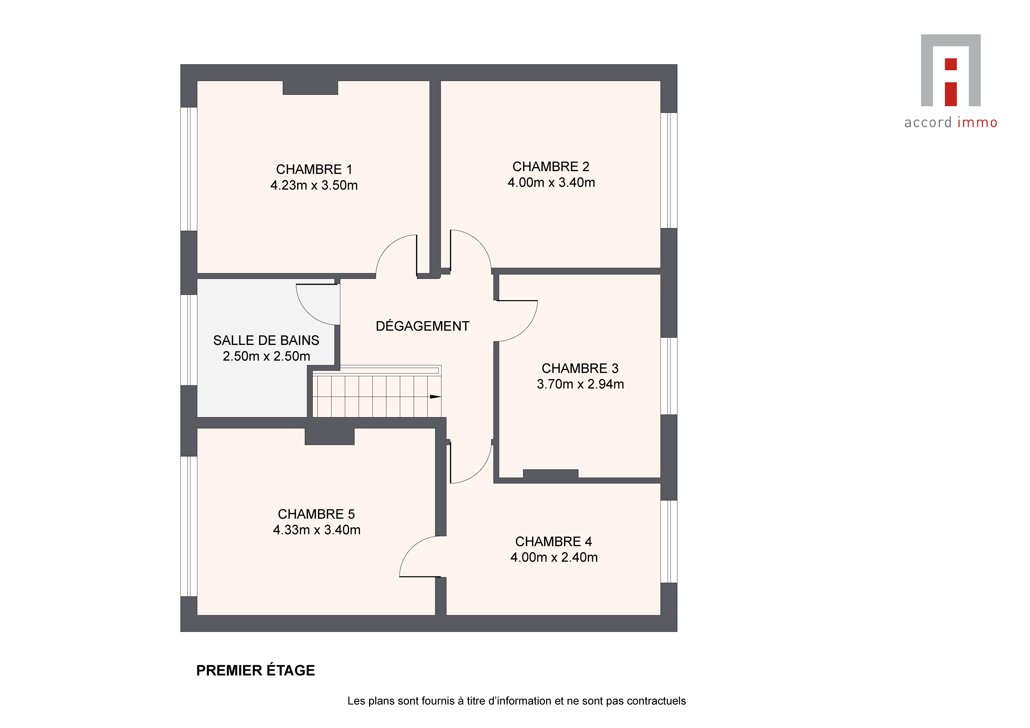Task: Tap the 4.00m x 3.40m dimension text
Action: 551,183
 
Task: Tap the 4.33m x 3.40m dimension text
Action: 317,530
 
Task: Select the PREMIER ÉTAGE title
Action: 256,670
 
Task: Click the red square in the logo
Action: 951,64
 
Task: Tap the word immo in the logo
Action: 977,122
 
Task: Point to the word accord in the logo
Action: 928,122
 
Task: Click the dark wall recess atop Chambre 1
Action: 310,88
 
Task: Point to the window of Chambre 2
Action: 669,171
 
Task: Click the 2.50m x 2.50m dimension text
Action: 267,356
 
